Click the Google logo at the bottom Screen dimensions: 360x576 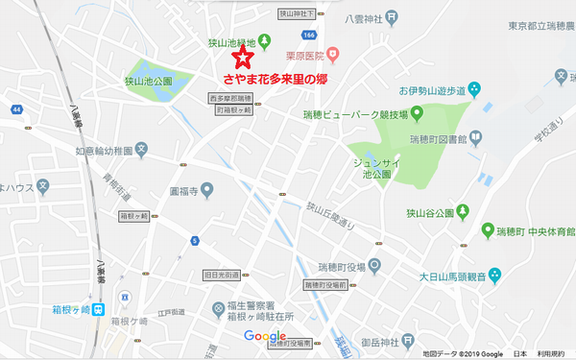click(x=264, y=335)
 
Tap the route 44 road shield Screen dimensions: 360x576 click(x=17, y=109)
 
